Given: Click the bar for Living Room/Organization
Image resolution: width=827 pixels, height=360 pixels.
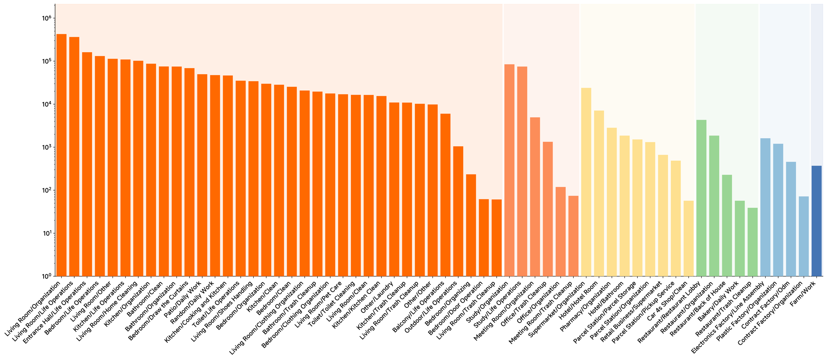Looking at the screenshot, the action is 61,155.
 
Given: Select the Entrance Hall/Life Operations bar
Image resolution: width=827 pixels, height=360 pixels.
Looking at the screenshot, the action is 87,164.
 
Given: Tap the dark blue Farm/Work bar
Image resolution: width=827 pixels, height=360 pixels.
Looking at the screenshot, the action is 816,221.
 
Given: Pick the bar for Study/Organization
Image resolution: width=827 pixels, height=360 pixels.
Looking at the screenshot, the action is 509,170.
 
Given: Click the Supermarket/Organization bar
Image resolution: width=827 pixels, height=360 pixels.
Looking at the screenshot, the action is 586,182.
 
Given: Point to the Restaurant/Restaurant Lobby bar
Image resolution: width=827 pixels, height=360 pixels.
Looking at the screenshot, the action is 701,198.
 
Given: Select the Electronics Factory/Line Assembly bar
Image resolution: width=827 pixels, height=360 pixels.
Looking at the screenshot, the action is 765,207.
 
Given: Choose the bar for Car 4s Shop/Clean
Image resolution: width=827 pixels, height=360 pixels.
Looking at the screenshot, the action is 689,239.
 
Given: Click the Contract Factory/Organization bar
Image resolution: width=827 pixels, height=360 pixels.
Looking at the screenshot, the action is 804,236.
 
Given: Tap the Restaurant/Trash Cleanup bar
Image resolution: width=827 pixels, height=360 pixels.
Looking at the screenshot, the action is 752,242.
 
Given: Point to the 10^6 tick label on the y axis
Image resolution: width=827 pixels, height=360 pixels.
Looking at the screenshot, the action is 46,18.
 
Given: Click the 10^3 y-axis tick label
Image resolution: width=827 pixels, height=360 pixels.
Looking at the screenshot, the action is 46,147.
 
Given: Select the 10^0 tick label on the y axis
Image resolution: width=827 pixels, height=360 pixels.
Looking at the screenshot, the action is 46,276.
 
